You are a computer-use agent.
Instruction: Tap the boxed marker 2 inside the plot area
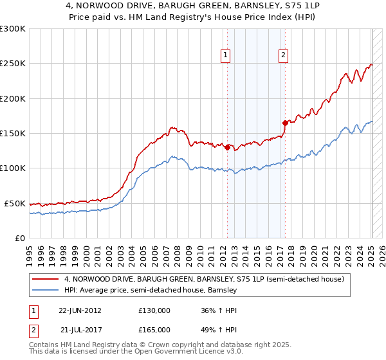click(283, 56)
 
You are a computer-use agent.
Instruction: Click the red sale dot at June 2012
click(227, 147)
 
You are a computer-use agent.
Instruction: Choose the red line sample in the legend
click(46, 279)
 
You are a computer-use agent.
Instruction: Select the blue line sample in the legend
click(46, 291)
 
